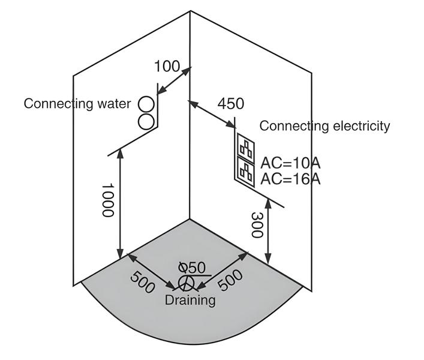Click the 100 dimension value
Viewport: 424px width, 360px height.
167,66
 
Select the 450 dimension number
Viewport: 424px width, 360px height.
231,103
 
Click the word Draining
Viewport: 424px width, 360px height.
190,299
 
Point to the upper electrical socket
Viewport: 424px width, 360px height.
245,146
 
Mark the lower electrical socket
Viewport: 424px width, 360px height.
245,170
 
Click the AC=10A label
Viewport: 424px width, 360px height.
290,162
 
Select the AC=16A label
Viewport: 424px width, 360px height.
290,178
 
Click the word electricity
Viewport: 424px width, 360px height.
359,126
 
